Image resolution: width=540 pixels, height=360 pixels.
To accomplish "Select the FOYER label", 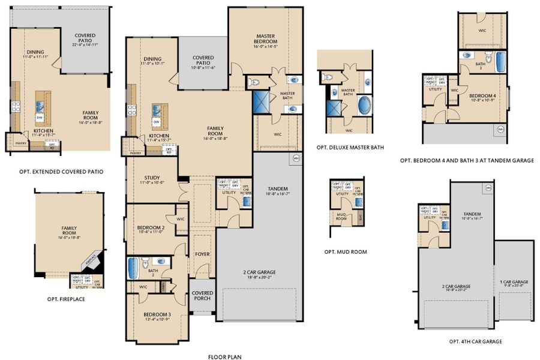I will (x=203, y=254).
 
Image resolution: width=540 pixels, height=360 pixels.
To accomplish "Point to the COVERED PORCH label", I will (x=203, y=296).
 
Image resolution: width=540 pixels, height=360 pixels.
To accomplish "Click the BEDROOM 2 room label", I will (x=151, y=227).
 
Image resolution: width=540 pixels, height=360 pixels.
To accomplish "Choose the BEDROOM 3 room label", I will (x=157, y=314).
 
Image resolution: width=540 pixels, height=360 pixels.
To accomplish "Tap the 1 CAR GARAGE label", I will (x=514, y=281).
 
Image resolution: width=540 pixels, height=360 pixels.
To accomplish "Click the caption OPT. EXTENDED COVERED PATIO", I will (x=61, y=172).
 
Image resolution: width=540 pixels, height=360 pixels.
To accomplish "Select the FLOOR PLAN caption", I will (x=224, y=356).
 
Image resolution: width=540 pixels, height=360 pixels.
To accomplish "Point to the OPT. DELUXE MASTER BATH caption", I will (x=350, y=147).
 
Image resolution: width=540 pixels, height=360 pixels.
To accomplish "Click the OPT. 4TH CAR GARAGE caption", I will (x=476, y=341).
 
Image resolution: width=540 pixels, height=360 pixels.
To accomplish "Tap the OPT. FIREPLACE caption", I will (x=66, y=298).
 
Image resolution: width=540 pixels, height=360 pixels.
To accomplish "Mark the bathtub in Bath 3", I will (x=501, y=61).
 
